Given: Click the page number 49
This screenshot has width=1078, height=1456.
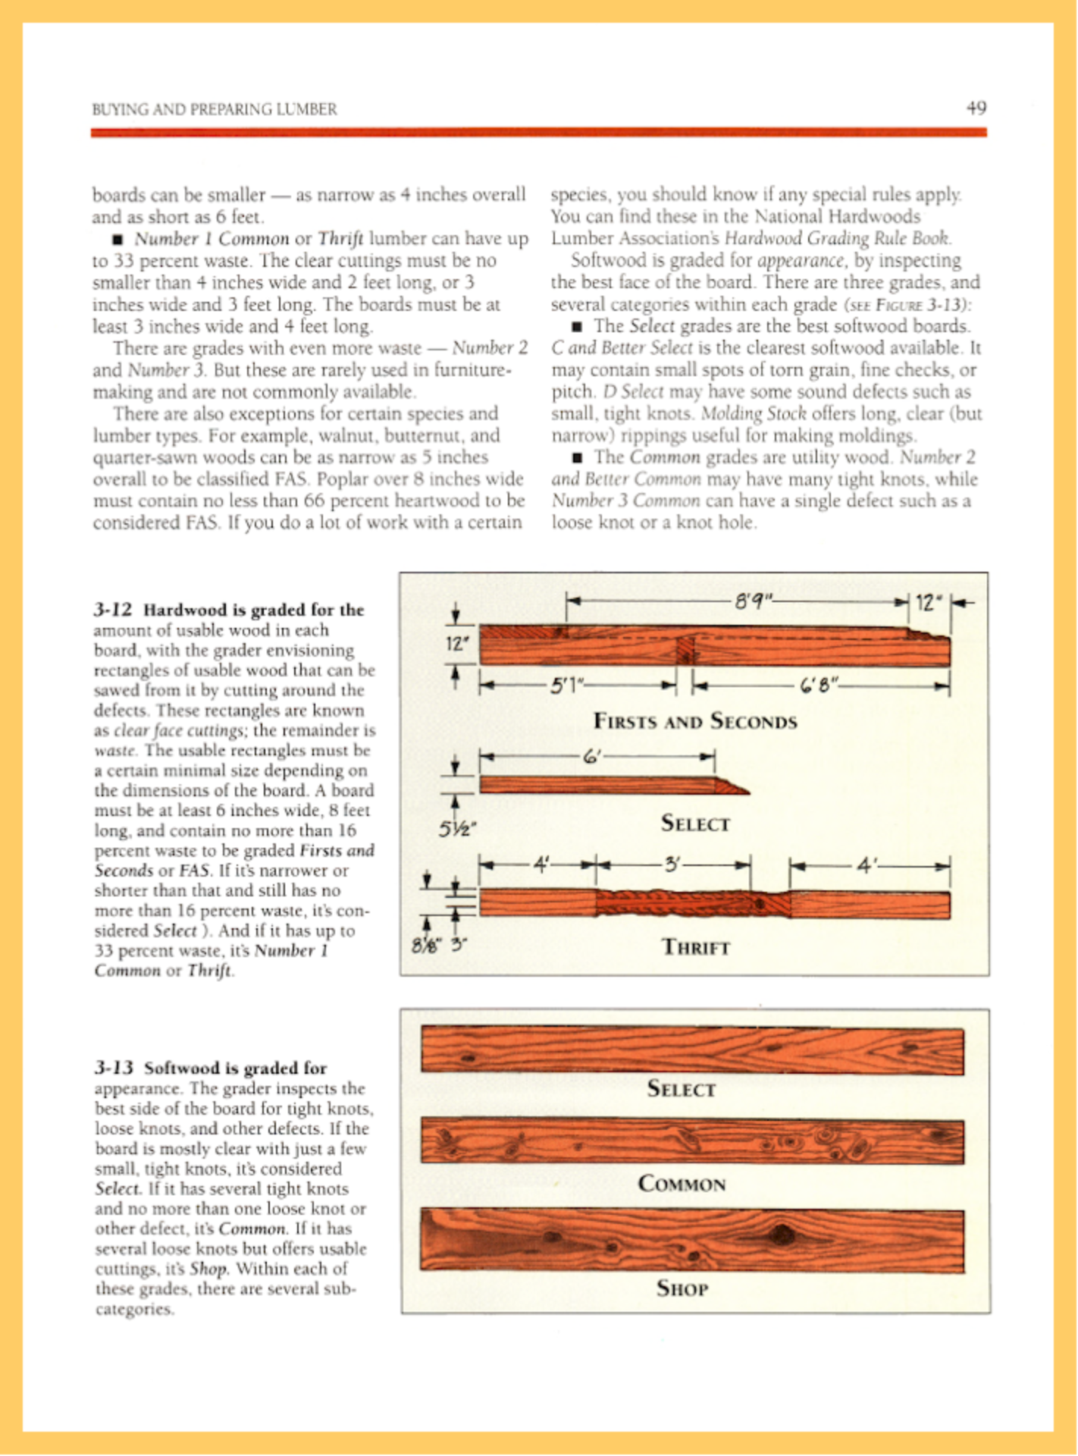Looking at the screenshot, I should (x=976, y=108).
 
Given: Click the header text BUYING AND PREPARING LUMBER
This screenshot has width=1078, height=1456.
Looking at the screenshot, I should (x=215, y=109).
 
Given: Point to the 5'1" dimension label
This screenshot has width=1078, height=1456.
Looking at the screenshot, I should (x=565, y=686).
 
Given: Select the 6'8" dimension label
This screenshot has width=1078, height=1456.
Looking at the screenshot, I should (x=818, y=686).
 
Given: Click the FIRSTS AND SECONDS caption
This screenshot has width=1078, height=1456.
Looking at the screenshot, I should (x=694, y=720).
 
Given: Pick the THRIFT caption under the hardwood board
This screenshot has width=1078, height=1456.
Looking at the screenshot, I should (x=695, y=947).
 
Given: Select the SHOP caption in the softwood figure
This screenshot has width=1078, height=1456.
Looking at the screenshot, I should (x=682, y=1288).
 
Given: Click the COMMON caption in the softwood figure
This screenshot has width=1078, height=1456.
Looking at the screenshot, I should (x=682, y=1183).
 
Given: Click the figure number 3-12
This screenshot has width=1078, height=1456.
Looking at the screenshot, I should (x=113, y=610).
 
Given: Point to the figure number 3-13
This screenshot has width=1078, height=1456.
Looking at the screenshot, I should (x=114, y=1068).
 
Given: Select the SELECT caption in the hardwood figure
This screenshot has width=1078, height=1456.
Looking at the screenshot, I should (x=694, y=823).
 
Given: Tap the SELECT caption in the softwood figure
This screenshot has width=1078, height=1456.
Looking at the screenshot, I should (x=681, y=1089).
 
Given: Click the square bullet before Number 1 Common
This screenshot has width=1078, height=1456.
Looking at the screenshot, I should (x=118, y=240).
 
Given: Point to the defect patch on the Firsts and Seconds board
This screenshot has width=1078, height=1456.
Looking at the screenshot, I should (x=685, y=650).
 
